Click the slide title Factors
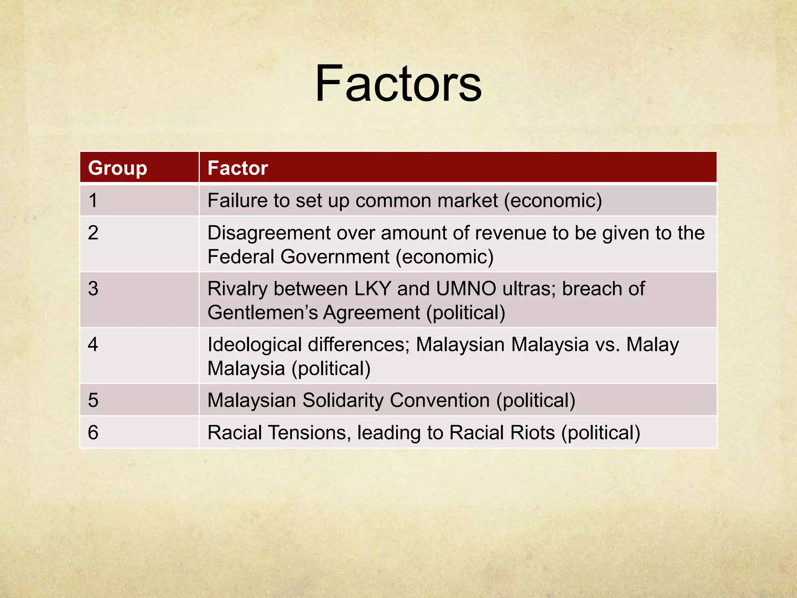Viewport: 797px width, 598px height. tap(398, 84)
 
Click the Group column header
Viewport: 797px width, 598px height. tap(118, 168)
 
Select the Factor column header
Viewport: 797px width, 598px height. tap(237, 168)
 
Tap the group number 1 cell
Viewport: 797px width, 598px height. tap(93, 201)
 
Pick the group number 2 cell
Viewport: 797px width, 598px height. tap(93, 233)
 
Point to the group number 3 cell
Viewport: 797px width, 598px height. tap(93, 289)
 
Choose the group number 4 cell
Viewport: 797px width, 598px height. tap(93, 345)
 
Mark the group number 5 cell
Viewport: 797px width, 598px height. tap(93, 400)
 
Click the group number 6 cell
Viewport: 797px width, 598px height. tap(93, 433)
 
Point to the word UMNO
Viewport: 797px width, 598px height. tap(466, 289)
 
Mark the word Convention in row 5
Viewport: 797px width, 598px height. tap(440, 400)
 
